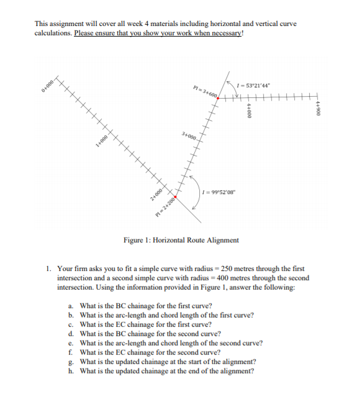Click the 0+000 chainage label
click(x=50, y=86)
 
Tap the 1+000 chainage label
click(x=102, y=140)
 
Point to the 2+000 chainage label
click(x=155, y=193)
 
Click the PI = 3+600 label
click(x=205, y=94)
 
